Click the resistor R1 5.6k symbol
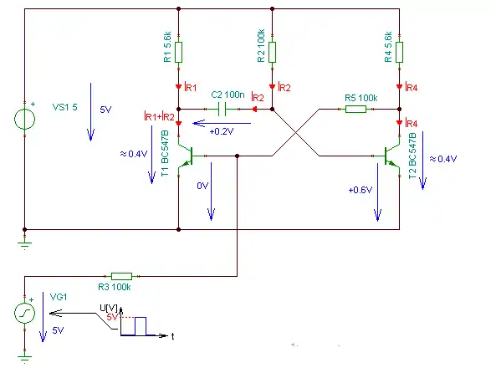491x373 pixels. (x=178, y=53)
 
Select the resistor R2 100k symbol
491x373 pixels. (x=272, y=53)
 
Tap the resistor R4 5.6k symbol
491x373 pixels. (x=399, y=53)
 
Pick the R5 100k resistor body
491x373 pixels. (x=355, y=109)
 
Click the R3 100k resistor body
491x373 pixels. (x=121, y=276)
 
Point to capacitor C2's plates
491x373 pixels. (x=222, y=110)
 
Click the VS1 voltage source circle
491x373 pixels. (x=25, y=119)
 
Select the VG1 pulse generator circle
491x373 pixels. (x=25, y=313)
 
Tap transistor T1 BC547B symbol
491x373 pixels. (x=186, y=156)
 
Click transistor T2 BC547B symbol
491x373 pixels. (x=391, y=156)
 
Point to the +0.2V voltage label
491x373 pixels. (x=222, y=131)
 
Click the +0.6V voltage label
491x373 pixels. (x=361, y=190)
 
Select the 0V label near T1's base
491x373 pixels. (x=202, y=186)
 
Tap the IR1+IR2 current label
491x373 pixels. (x=159, y=116)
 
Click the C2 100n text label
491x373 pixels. (x=228, y=95)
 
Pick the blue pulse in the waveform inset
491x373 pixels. (x=141, y=326)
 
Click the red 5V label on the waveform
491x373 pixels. (x=112, y=317)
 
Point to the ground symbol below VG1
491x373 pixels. (x=25, y=359)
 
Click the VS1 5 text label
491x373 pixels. (x=64, y=107)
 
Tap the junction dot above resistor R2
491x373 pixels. (x=272, y=9)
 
